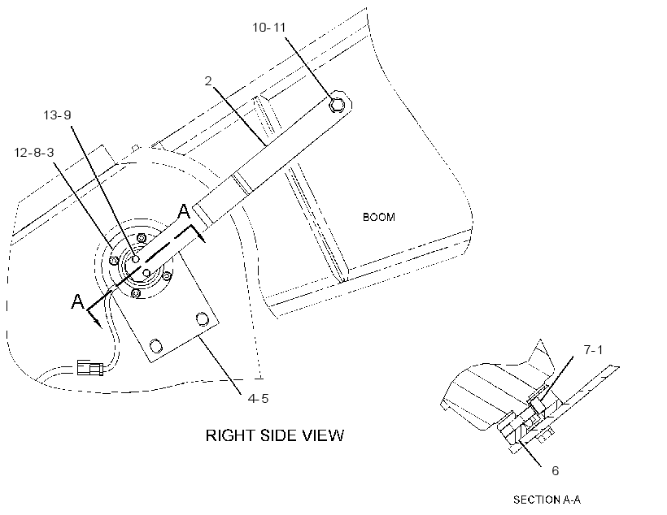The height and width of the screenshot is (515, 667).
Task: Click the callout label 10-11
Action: pyautogui.click(x=269, y=28)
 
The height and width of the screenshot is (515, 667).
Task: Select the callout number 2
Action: pyautogui.click(x=208, y=80)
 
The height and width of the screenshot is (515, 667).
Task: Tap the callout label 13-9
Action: pyautogui.click(x=58, y=115)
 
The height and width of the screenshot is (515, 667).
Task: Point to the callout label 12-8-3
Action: pyautogui.click(x=34, y=152)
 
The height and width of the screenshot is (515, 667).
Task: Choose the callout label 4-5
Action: pyautogui.click(x=258, y=399)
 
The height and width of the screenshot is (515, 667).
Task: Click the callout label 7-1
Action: pyautogui.click(x=594, y=350)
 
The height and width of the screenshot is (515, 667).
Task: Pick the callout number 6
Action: pyautogui.click(x=555, y=471)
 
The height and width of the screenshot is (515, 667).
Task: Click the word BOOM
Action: pyautogui.click(x=379, y=217)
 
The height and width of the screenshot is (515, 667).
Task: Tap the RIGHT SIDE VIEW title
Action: pyautogui.click(x=275, y=435)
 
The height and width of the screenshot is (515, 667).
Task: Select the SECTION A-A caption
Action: pyautogui.click(x=547, y=500)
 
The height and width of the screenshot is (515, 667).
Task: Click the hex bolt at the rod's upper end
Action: pyautogui.click(x=338, y=104)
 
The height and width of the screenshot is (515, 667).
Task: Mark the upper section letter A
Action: pyautogui.click(x=183, y=211)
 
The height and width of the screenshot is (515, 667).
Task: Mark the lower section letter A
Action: pyautogui.click(x=77, y=301)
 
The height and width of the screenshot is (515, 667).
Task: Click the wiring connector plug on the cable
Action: pyautogui.click(x=89, y=367)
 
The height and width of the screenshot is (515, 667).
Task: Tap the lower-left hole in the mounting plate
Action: pyautogui.click(x=156, y=345)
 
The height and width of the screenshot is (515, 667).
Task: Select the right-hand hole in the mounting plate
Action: pyautogui.click(x=202, y=318)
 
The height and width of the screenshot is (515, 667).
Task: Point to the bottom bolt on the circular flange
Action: pyautogui.click(x=136, y=293)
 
